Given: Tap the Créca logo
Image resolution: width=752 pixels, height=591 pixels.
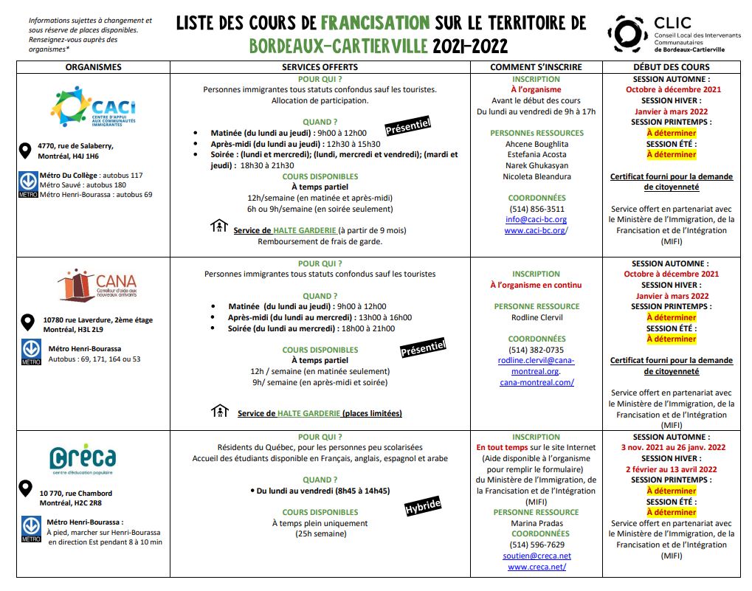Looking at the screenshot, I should click(x=83, y=459).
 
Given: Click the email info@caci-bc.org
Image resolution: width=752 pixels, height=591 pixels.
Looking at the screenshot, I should click(x=537, y=219).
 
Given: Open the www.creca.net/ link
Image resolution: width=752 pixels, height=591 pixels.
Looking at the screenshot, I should click(x=537, y=567).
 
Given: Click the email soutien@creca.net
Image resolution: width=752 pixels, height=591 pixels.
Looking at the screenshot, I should click(x=537, y=556).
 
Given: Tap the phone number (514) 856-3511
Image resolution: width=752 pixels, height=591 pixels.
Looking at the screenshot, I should click(x=537, y=209).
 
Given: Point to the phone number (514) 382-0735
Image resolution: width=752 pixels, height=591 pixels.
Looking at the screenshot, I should click(x=537, y=350).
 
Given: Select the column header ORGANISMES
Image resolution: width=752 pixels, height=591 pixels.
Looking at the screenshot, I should click(x=93, y=67).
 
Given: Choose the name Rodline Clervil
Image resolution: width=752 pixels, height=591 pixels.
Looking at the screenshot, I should click(x=537, y=317).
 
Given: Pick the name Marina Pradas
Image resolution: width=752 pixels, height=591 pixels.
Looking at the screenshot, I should click(x=537, y=523).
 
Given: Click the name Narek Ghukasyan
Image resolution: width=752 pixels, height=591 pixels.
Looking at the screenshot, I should click(x=537, y=166).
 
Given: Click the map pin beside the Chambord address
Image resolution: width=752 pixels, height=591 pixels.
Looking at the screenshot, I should click(x=27, y=488).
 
